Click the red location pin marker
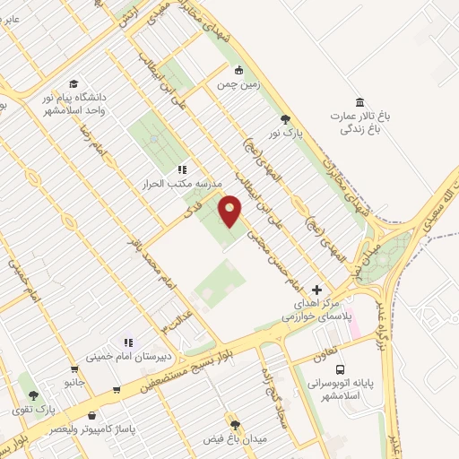[230, 211]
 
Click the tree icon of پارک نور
[285, 118]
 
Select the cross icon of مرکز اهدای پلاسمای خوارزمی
[316, 290]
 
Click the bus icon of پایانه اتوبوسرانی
[340, 369]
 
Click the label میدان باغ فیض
[236, 438]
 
